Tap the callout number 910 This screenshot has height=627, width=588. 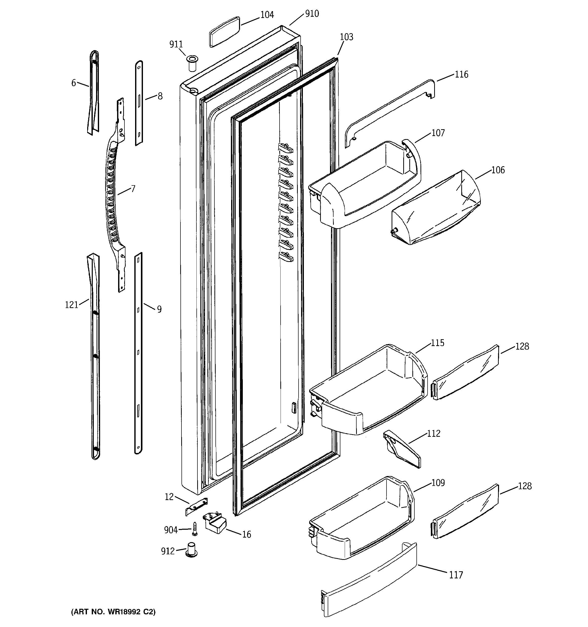[311, 14]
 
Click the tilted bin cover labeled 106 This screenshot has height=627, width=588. [436, 210]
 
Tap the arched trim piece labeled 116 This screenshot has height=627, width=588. [390, 110]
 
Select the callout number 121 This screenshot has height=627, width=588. [71, 305]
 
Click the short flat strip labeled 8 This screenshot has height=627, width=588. [139, 103]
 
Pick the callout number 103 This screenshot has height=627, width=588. [346, 37]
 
